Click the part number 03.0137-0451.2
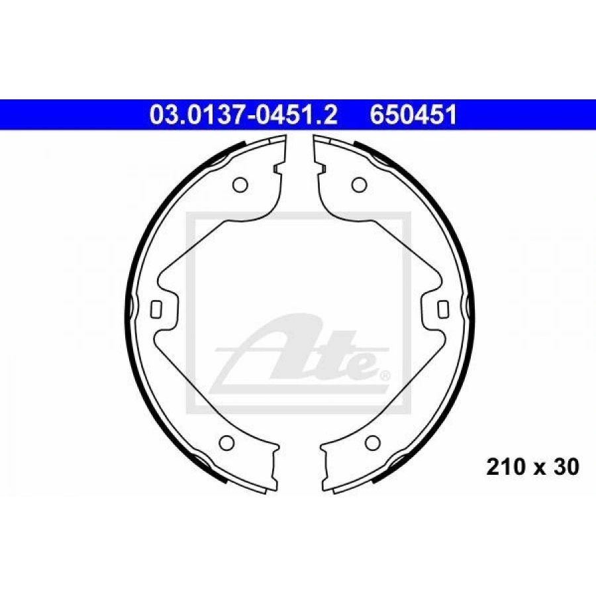(243, 115)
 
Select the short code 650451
(413, 115)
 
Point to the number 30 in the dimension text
(566, 467)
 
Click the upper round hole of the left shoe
(240, 185)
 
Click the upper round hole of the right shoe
(359, 185)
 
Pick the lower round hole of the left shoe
(227, 442)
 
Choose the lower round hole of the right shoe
(372, 442)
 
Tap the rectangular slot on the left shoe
(156, 309)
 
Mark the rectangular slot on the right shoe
(443, 309)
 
